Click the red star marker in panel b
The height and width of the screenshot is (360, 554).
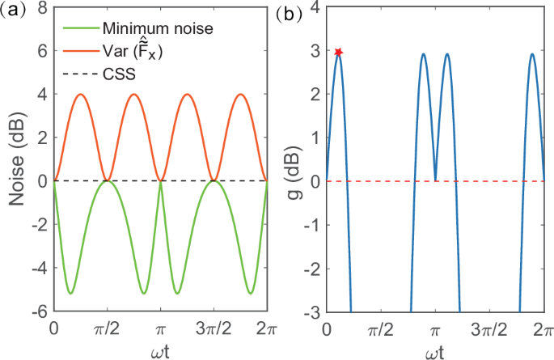pyautogui.click(x=339, y=53)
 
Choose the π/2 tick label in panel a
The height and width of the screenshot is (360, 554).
pyautogui.click(x=107, y=328)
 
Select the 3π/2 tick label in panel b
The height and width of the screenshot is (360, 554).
pyautogui.click(x=488, y=328)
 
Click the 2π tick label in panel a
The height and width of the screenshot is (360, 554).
pyautogui.click(x=267, y=328)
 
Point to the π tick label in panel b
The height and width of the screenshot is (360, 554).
pyautogui.click(x=434, y=328)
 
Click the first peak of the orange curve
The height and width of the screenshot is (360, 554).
pyautogui.click(x=80, y=94)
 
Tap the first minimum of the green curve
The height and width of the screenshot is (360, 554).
pyautogui.click(x=70, y=294)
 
